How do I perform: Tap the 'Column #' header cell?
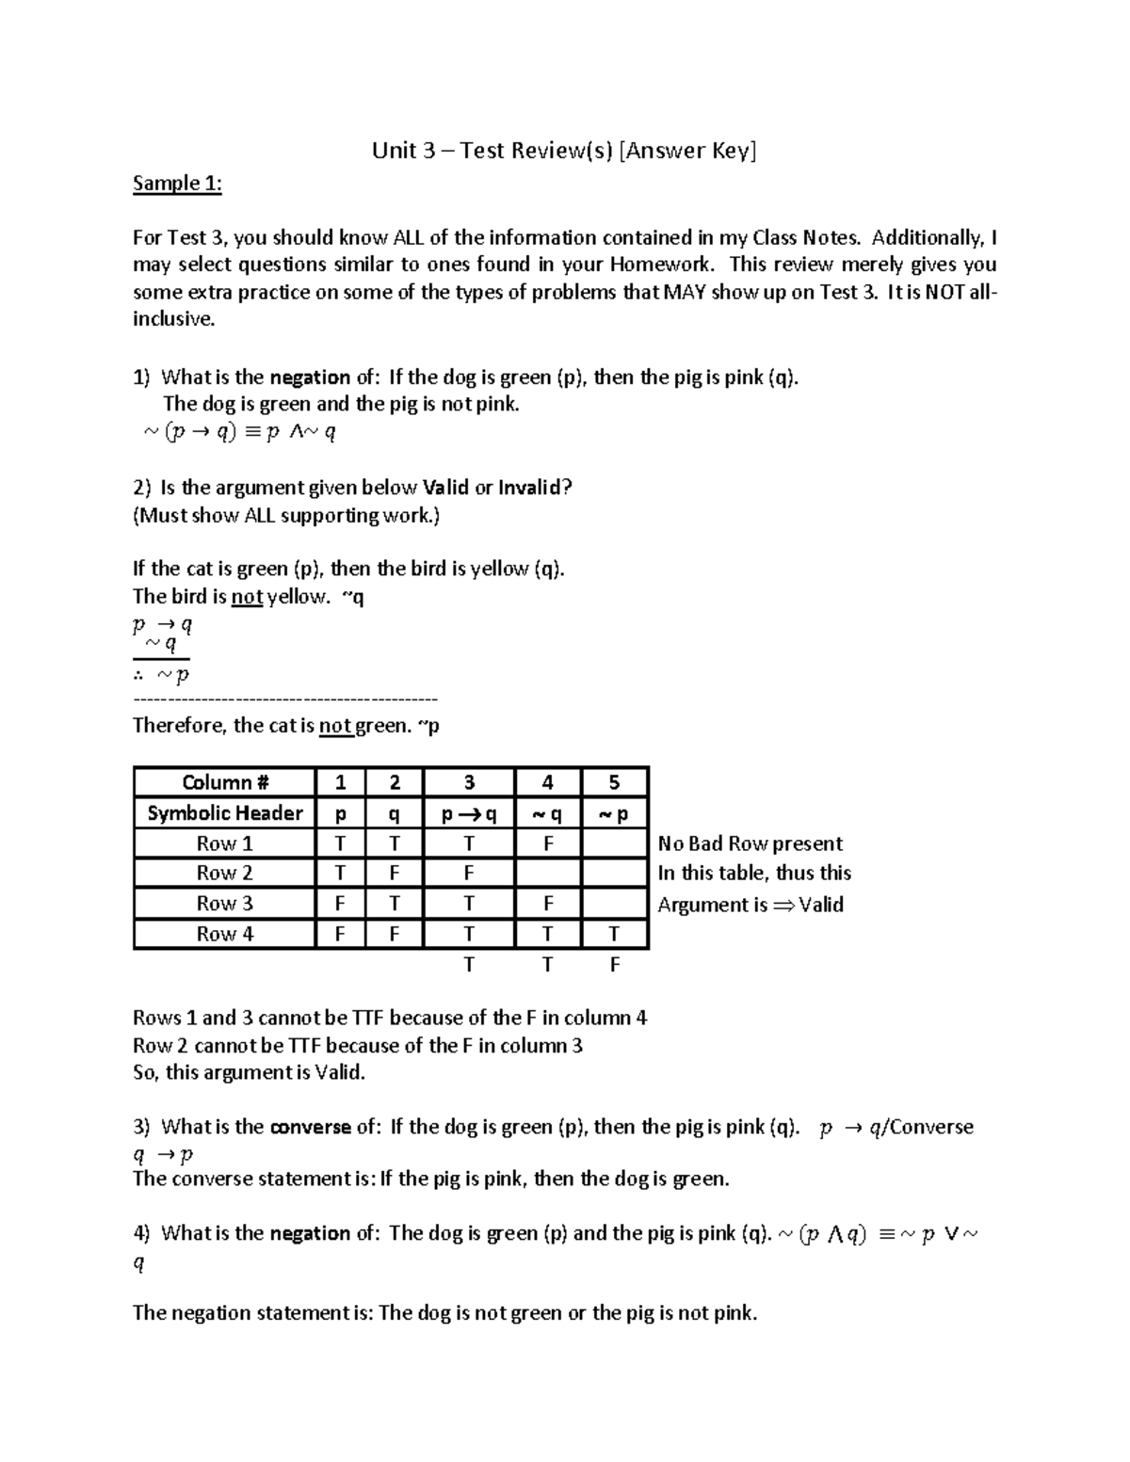click(x=224, y=782)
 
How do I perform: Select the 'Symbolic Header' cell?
click(x=224, y=813)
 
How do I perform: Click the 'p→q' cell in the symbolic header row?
click(x=468, y=814)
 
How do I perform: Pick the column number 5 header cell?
click(x=614, y=782)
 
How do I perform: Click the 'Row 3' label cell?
click(x=224, y=904)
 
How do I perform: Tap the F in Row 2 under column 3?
click(x=468, y=874)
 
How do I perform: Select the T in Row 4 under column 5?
click(x=614, y=934)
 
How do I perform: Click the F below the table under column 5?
click(x=614, y=965)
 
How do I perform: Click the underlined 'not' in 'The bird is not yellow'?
click(x=247, y=597)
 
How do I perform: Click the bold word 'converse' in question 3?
click(x=310, y=1127)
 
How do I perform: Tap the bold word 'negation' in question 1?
click(x=310, y=378)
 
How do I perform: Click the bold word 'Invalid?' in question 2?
click(x=535, y=488)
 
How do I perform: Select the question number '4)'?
click(x=141, y=1233)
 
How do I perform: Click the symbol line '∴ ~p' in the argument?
click(x=161, y=675)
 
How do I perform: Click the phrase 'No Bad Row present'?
click(x=750, y=843)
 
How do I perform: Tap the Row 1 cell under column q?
click(x=395, y=843)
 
